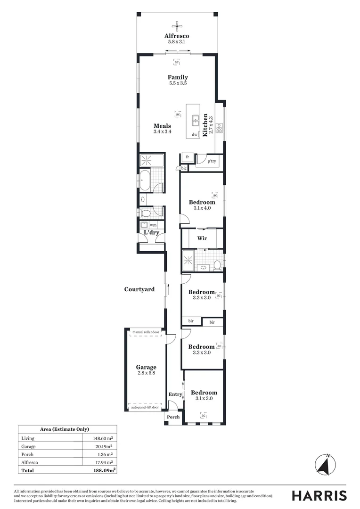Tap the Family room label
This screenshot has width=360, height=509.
coord(178,77)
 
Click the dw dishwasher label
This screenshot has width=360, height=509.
coord(194,135)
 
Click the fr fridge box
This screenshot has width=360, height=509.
coord(187,157)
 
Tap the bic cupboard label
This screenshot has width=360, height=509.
coord(184,168)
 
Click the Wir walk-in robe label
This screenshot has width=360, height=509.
coord(202,238)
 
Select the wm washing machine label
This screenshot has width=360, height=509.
coord(153,225)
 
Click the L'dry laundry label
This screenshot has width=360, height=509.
coord(151,233)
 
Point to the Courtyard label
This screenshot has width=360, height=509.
coord(139,289)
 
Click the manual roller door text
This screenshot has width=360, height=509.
coord(146,332)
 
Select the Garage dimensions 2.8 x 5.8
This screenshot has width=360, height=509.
coord(146,373)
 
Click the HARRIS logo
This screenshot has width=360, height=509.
coord(319,495)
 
